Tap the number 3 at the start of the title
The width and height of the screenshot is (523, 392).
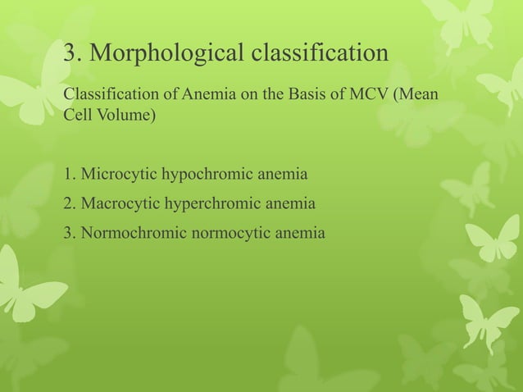pyautogui.click(x=70, y=53)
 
